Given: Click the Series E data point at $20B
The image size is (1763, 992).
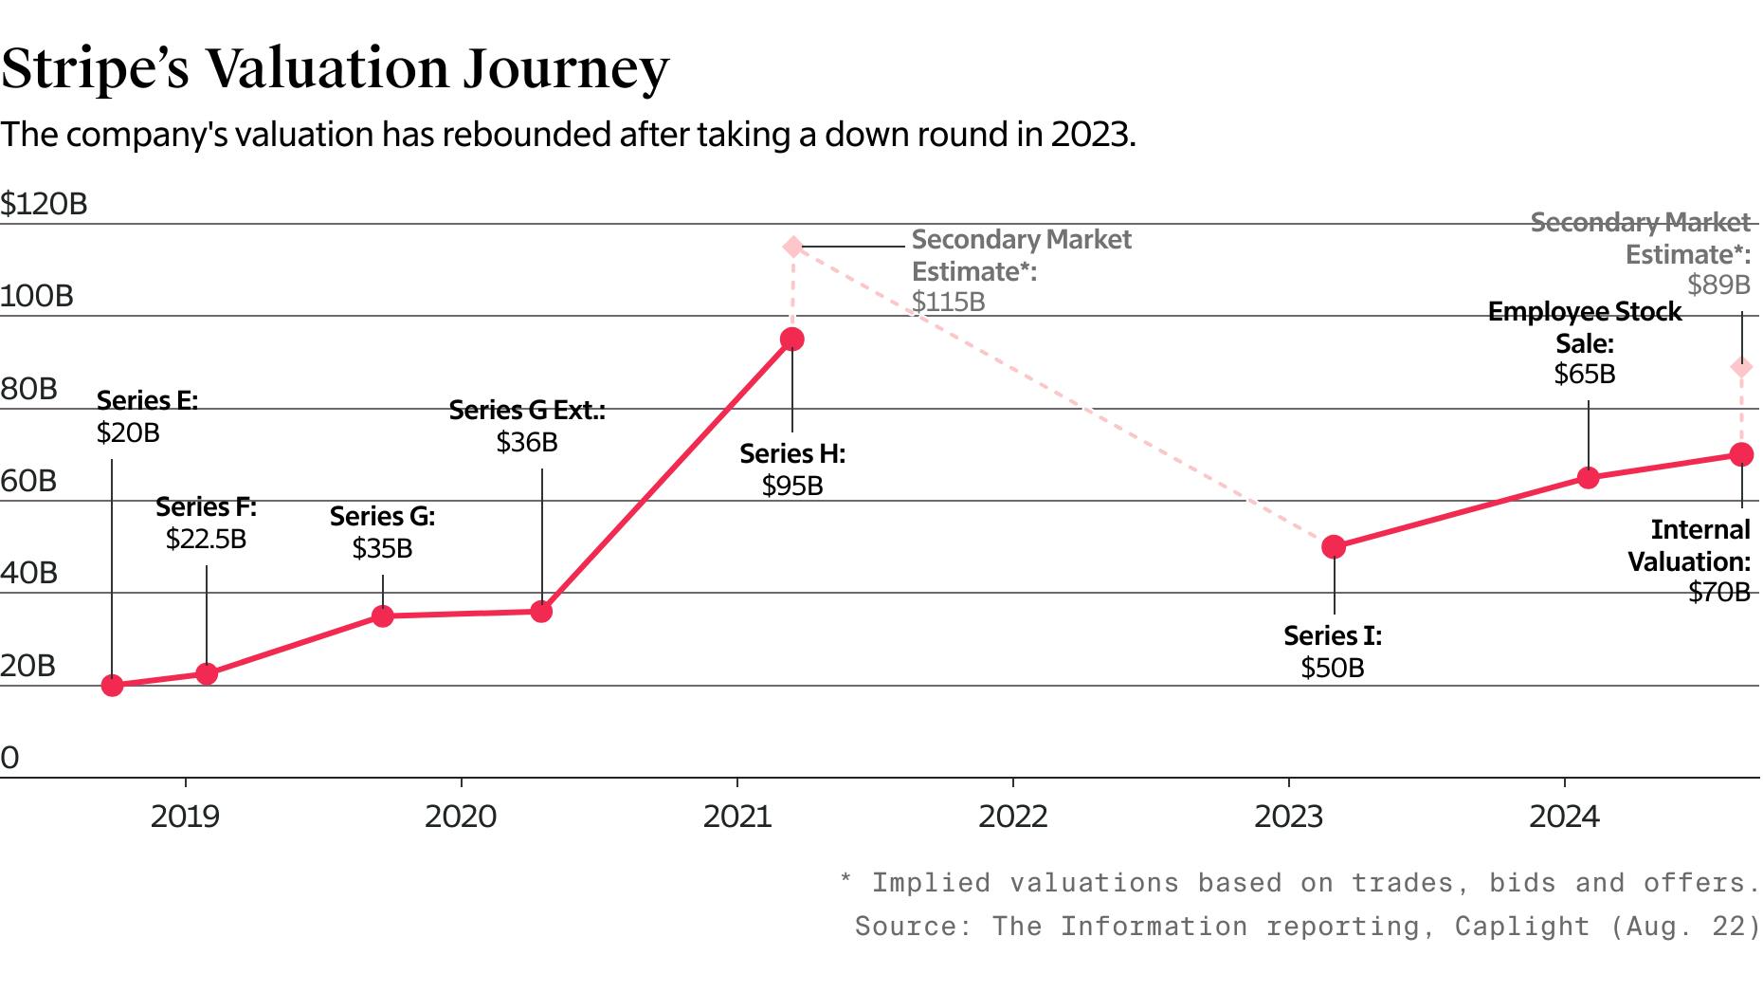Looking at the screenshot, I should pyautogui.click(x=112, y=685).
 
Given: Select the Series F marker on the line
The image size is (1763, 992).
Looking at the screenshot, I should pyautogui.click(x=207, y=673).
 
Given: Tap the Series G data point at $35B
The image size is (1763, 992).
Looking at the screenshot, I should pyautogui.click(x=382, y=616).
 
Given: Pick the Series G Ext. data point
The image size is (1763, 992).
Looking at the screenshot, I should pyautogui.click(x=541, y=612).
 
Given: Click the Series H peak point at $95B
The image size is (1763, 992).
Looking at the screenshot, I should pyautogui.click(x=792, y=340).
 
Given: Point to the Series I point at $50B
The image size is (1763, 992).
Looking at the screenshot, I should pyautogui.click(x=1334, y=546).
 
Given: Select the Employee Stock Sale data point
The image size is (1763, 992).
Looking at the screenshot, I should pyautogui.click(x=1588, y=477).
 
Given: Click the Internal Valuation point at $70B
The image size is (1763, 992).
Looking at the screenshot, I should pyautogui.click(x=1741, y=454).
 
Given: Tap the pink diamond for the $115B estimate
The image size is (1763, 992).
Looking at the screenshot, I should pyautogui.click(x=792, y=248).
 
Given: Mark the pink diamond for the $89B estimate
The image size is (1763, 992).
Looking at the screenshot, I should pyautogui.click(x=1741, y=367).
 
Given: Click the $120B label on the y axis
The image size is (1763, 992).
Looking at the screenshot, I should pyautogui.click(x=44, y=204).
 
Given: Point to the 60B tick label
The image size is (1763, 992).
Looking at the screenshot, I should pyautogui.click(x=28, y=481).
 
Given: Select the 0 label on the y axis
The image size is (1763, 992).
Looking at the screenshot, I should pyautogui.click(x=10, y=758).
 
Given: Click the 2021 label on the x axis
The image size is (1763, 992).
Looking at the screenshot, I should pyautogui.click(x=737, y=817).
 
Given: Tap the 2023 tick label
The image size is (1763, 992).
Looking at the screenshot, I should pyautogui.click(x=1288, y=817).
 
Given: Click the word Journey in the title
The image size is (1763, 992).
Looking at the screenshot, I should pyautogui.click(x=566, y=68).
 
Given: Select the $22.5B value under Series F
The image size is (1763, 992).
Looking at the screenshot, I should pyautogui.click(x=206, y=539).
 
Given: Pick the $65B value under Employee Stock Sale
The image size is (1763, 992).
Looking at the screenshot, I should pyautogui.click(x=1584, y=374).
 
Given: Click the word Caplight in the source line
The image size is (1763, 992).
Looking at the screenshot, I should pyautogui.click(x=1522, y=926).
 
